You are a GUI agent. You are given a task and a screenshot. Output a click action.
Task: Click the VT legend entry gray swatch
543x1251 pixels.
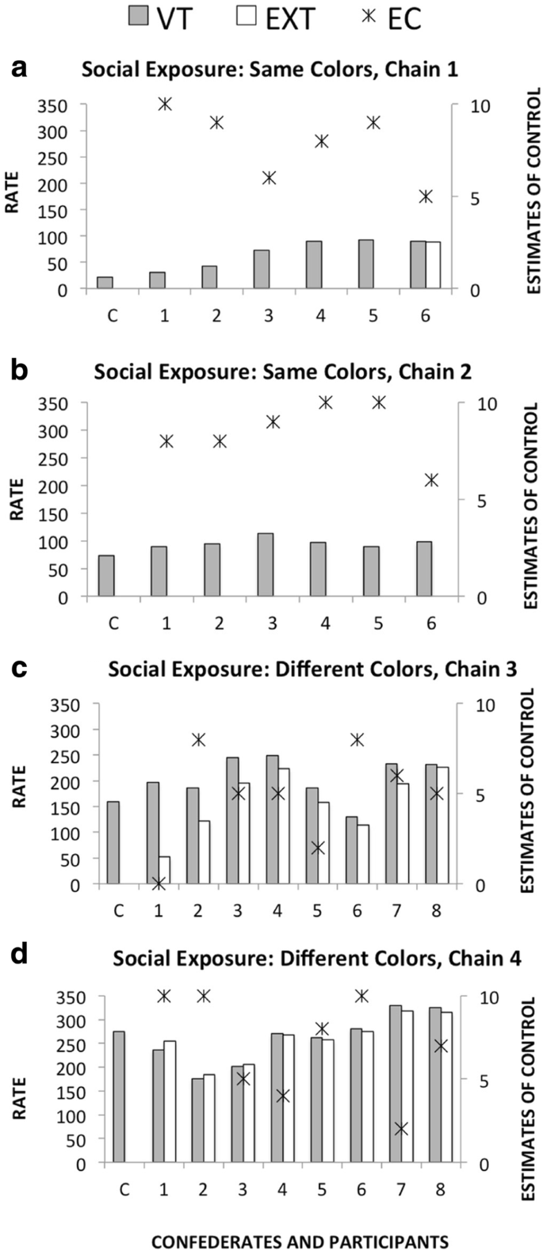pos(140,17)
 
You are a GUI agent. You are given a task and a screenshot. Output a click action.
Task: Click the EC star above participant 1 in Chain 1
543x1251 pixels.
pos(165,104)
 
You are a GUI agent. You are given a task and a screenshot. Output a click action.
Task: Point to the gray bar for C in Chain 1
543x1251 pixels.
pos(105,283)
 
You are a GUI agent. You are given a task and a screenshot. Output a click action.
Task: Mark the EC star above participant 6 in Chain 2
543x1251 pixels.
pos(431,480)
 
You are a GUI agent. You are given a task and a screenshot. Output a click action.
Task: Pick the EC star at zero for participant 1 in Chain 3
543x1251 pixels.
pos(159,883)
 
